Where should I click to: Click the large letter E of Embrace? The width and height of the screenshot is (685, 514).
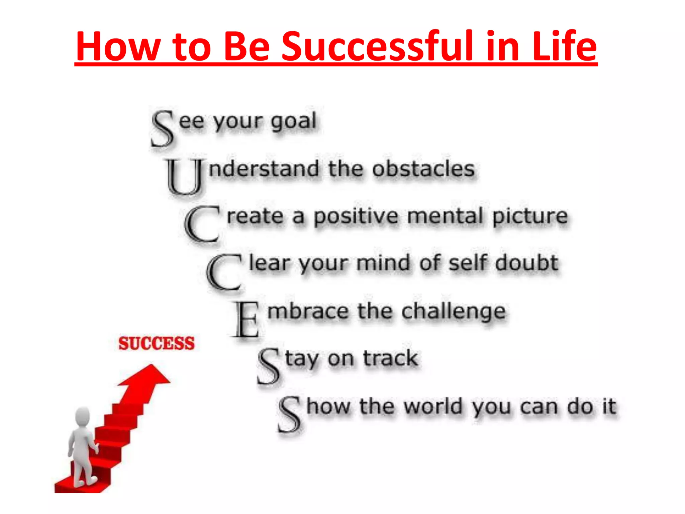tap(247, 320)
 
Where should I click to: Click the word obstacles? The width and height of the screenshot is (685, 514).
tap(423, 169)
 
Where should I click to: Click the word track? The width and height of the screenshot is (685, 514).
tap(390, 358)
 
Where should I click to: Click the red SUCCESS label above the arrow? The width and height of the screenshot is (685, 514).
tap(157, 344)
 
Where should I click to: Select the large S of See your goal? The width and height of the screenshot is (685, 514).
tap(163, 129)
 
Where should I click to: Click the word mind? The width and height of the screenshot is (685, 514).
tap(383, 263)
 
